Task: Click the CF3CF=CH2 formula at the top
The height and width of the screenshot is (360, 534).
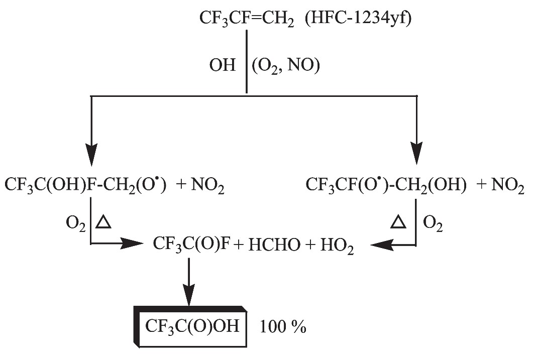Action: (247, 21)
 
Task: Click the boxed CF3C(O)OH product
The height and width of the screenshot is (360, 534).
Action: (191, 326)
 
